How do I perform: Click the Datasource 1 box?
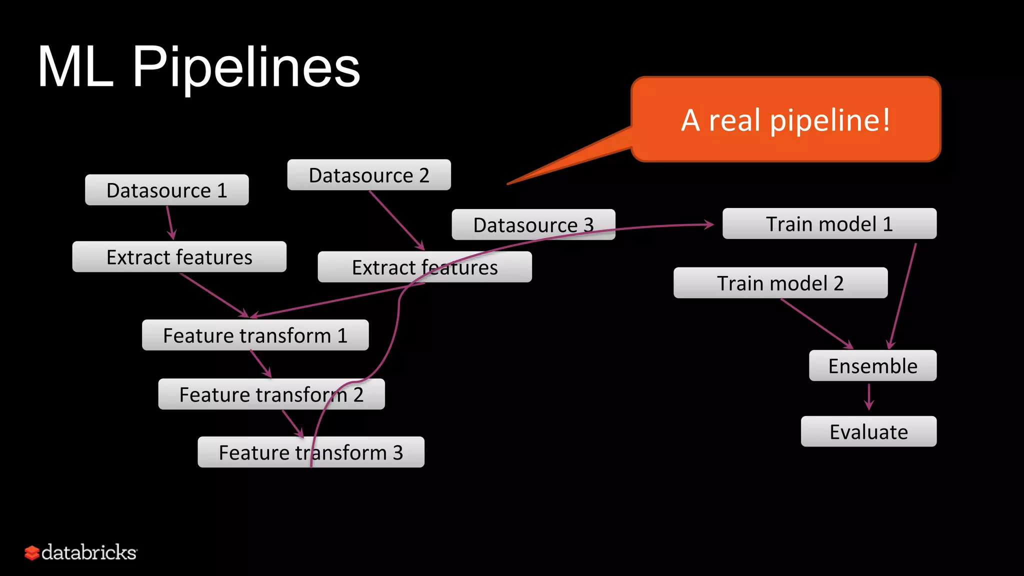[166, 190]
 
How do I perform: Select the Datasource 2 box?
[369, 175]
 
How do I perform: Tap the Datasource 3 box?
[533, 224]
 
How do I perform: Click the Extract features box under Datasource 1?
[179, 257]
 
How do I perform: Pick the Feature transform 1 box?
[255, 335]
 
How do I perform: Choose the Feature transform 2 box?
[271, 394]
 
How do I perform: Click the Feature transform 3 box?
[310, 452]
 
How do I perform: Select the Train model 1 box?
[829, 223]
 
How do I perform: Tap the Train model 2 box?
[780, 283]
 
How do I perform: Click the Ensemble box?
[872, 365]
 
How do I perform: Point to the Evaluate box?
[868, 431]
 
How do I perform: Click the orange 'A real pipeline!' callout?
[785, 120]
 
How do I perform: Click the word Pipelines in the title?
[246, 67]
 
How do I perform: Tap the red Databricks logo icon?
[31, 552]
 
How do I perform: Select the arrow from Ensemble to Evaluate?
[869, 396]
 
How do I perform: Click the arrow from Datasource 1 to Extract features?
[169, 222]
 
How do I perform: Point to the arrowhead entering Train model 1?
[709, 224]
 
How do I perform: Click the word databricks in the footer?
[88, 552]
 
